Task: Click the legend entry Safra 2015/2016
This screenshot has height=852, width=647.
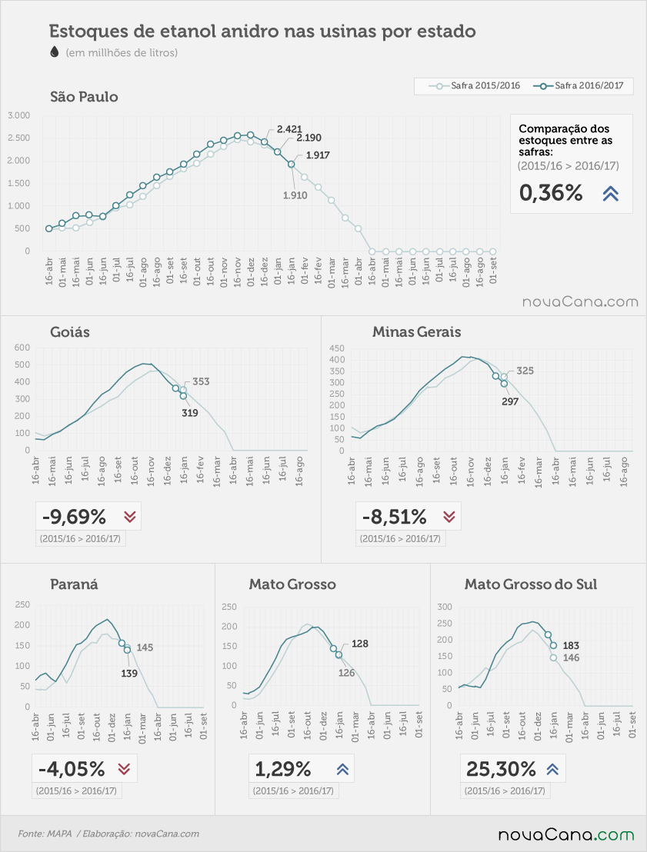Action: (475, 86)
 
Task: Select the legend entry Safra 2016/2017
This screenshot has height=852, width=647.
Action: (579, 86)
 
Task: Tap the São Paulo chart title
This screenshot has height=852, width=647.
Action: (84, 97)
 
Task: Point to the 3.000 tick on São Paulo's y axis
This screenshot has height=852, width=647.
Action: (19, 115)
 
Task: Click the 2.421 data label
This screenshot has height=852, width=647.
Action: (289, 128)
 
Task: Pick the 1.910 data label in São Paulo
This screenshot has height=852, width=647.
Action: (295, 195)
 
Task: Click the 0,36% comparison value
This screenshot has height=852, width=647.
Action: (551, 193)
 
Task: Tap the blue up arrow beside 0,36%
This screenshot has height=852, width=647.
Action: (611, 194)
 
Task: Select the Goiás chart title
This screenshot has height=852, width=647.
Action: (69, 332)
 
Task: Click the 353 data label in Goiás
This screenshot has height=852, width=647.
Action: (201, 381)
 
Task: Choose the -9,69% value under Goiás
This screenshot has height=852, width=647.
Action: (74, 517)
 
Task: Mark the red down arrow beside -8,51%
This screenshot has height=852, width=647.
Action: (449, 516)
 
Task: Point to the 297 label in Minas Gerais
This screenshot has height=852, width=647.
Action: (510, 401)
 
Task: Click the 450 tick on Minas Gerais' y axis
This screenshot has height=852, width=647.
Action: (337, 348)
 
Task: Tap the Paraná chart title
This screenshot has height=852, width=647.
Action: (74, 584)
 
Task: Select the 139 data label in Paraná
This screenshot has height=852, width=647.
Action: (129, 674)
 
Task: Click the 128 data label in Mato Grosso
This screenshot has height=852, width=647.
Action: (360, 644)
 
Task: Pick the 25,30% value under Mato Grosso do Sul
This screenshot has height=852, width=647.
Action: (501, 769)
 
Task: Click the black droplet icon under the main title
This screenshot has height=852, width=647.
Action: (54, 52)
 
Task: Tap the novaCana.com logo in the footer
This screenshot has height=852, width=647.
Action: (566, 834)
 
